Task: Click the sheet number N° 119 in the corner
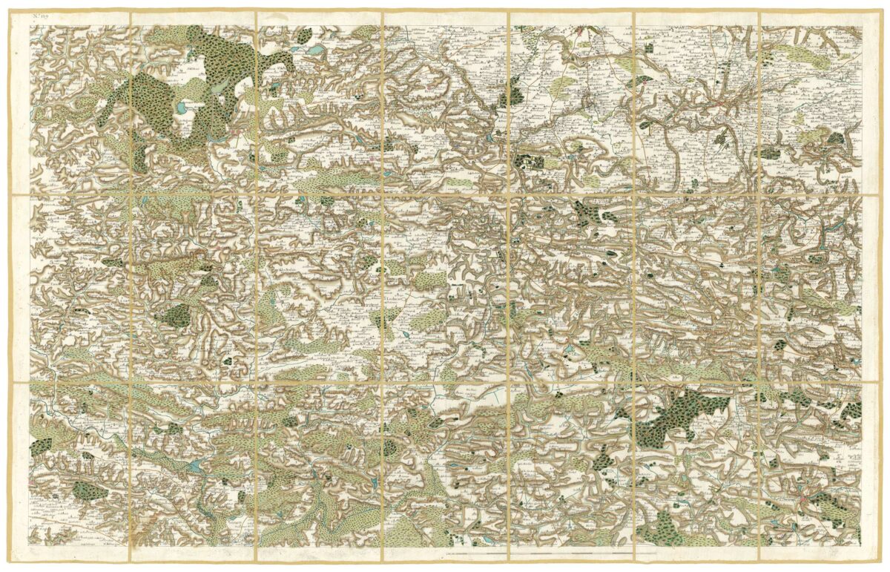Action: [39, 29]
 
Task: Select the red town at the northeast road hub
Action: [719, 106]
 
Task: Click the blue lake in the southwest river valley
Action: [194, 466]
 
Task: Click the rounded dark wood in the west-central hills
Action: [176, 315]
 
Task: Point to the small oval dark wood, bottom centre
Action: [390, 447]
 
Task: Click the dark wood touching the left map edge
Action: [40, 446]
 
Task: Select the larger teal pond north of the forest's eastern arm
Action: [315, 50]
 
